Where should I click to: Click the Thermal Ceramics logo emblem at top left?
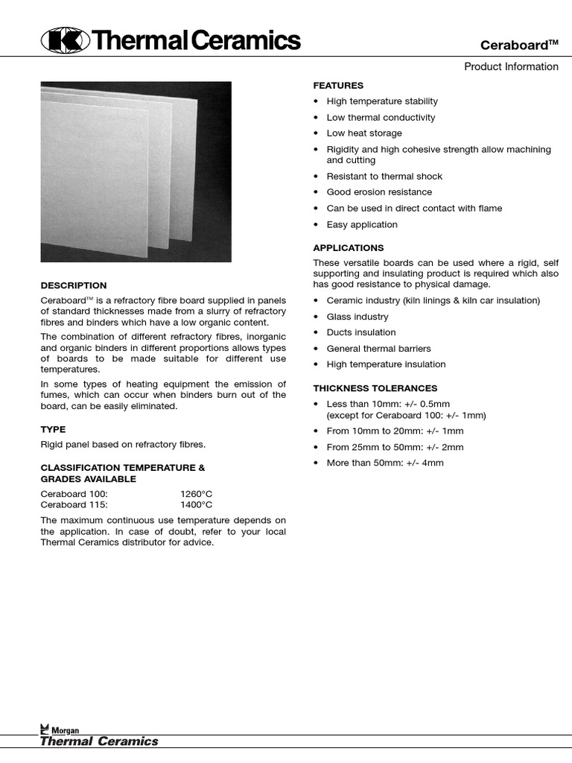pyautogui.click(x=65, y=39)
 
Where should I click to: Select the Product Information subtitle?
pyautogui.click(x=511, y=66)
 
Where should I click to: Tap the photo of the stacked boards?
pyautogui.click(x=136, y=171)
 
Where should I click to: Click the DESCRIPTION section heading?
pyautogui.click(x=73, y=285)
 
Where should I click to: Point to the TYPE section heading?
pyautogui.click(x=53, y=429)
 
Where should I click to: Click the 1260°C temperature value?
pyautogui.click(x=197, y=493)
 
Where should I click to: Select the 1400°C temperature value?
pyautogui.click(x=197, y=504)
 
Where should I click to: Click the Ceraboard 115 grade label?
pyautogui.click(x=74, y=504)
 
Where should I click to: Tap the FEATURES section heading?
pyautogui.click(x=338, y=86)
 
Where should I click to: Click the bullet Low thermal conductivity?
pyautogui.click(x=381, y=117)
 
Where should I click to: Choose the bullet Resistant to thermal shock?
pyautogui.click(x=384, y=176)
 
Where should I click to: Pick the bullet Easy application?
pyautogui.click(x=362, y=224)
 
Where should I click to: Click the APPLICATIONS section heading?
pyautogui.click(x=348, y=247)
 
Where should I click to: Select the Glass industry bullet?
pyautogui.click(x=357, y=317)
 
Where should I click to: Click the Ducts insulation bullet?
pyautogui.click(x=361, y=332)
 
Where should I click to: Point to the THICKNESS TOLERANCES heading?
pyautogui.click(x=375, y=388)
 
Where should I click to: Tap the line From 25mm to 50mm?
pyautogui.click(x=395, y=447)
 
